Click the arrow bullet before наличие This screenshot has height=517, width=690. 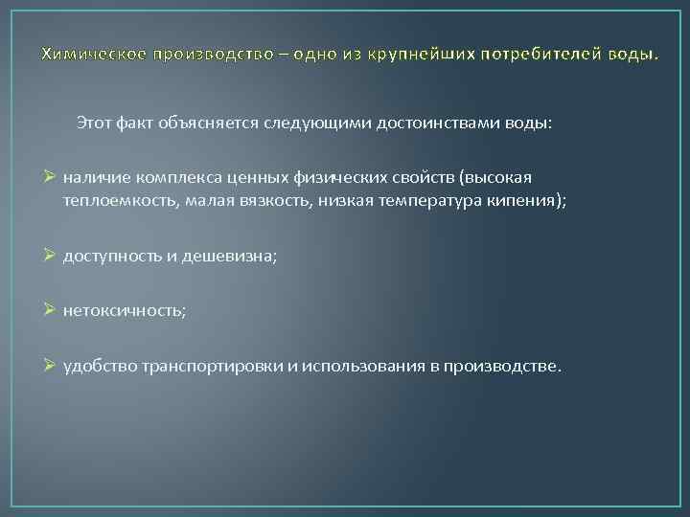51,178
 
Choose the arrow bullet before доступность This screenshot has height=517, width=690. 51,256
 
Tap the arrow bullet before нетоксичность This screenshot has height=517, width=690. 51,310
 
